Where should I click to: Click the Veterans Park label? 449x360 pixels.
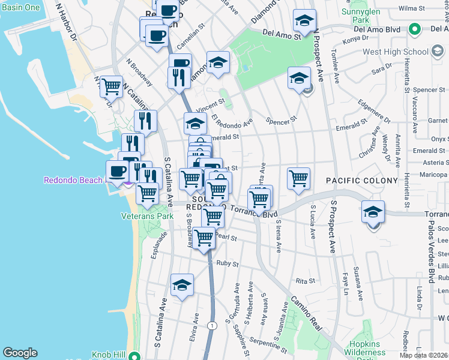pos(147,216)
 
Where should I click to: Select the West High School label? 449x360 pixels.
pos(390,52)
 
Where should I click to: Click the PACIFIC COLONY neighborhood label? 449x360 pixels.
pos(362,180)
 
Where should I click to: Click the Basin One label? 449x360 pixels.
pos(21,7)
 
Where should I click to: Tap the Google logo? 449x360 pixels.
pos(20,353)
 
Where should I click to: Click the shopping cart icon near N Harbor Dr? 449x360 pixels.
pos(111,87)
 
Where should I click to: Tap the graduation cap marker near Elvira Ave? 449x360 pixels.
pos(182,286)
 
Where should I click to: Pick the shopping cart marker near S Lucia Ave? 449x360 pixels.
pos(298,178)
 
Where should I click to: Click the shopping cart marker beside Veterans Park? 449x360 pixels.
pos(148,194)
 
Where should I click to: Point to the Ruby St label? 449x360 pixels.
pos(228,263)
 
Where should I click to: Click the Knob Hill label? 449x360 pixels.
pos(108,355)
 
